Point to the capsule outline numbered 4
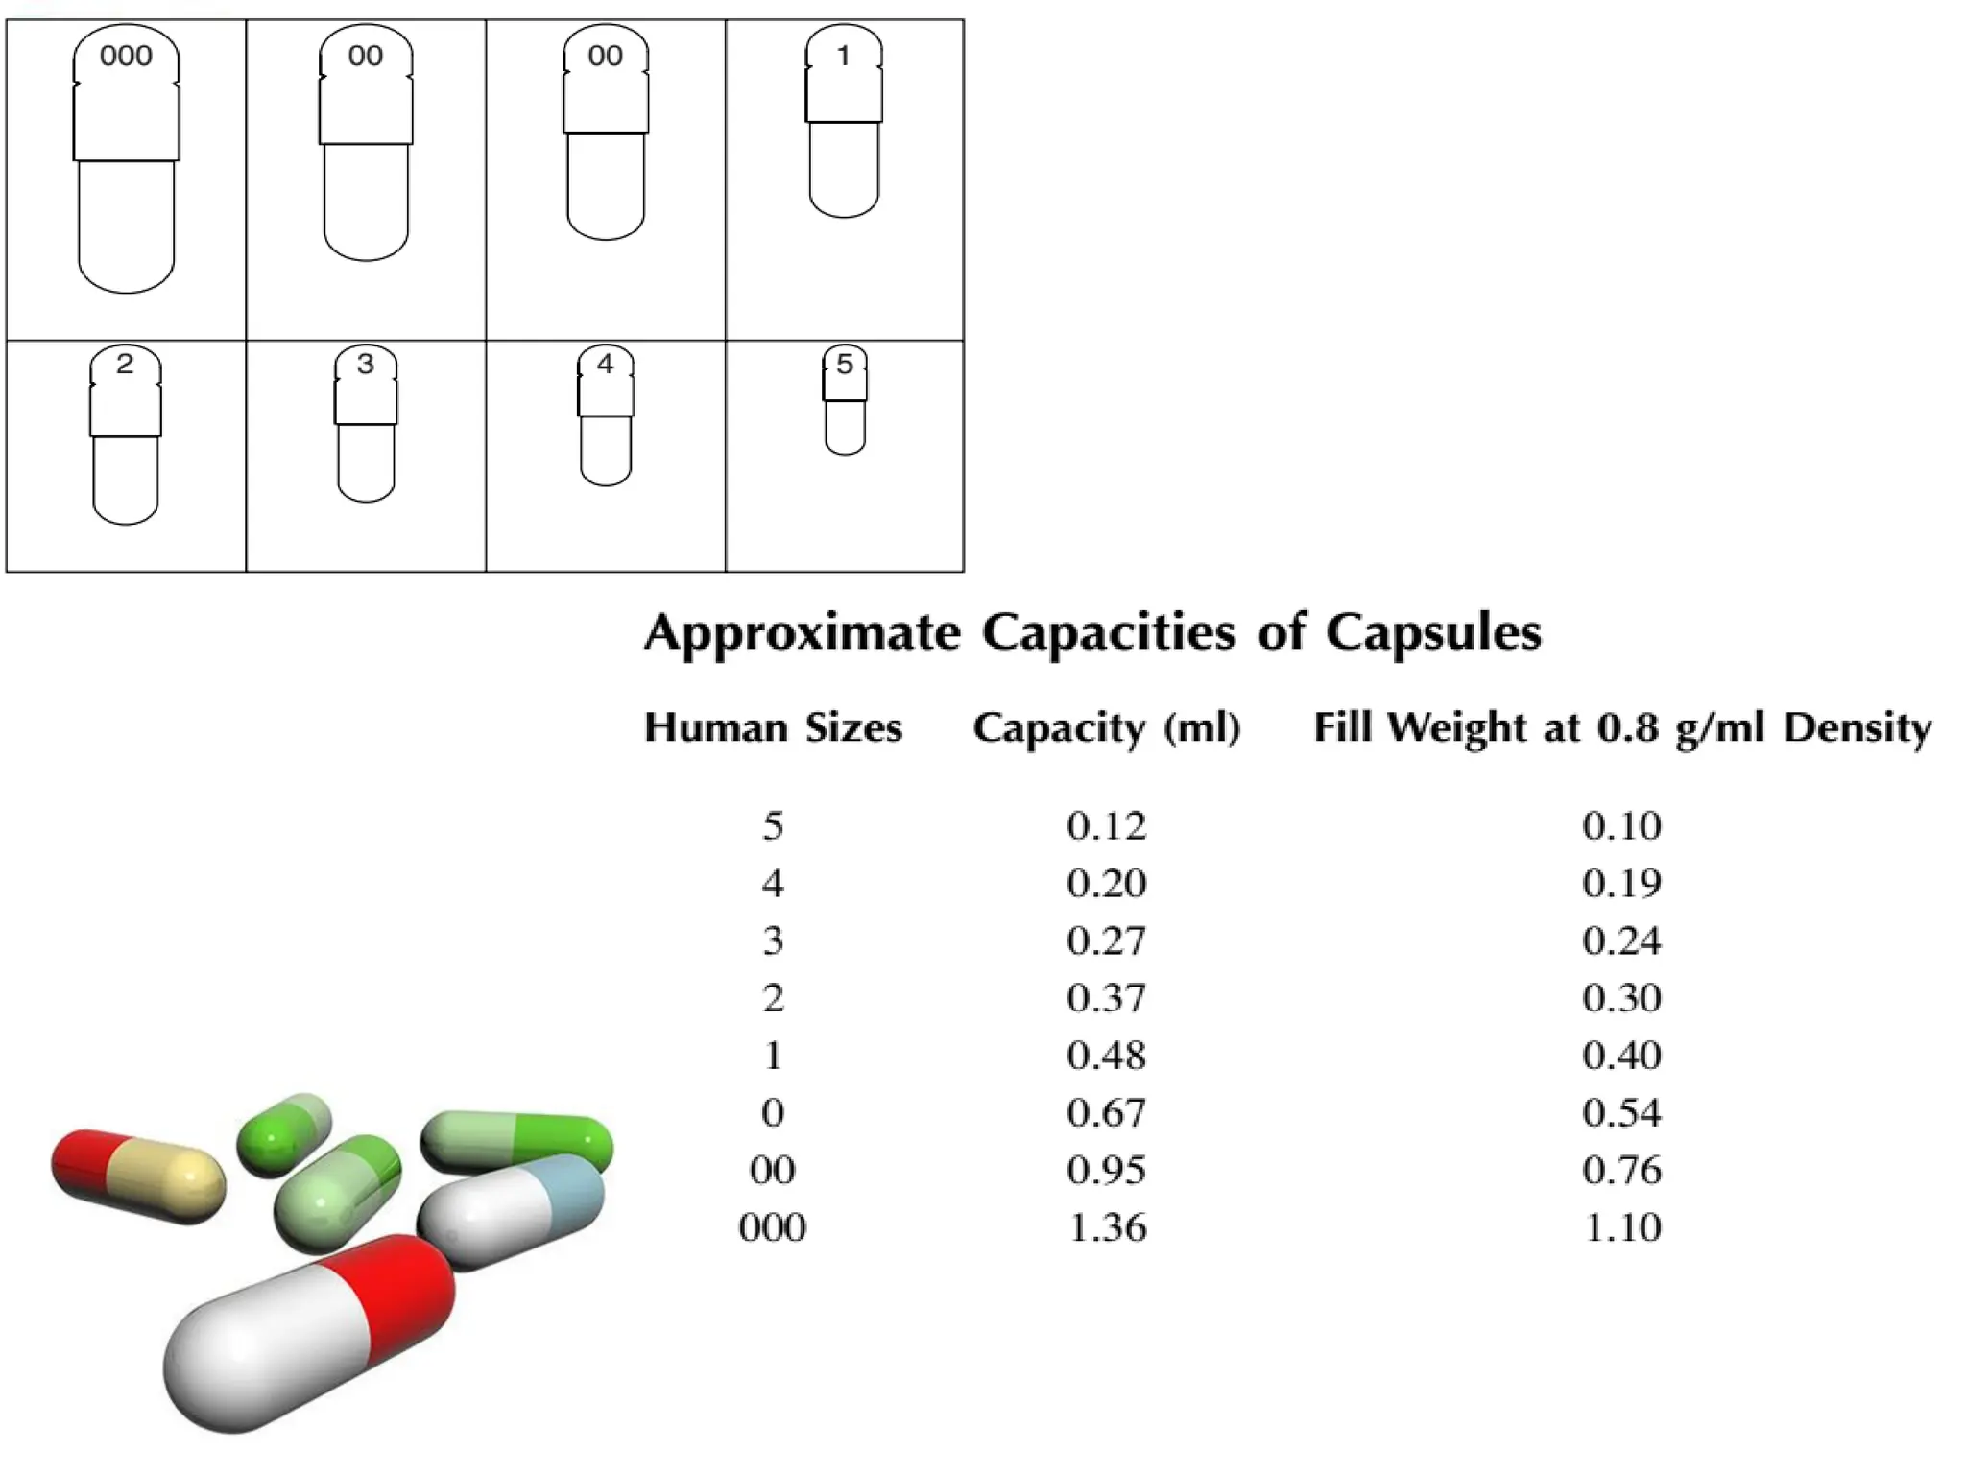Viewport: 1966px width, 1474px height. tap(606, 416)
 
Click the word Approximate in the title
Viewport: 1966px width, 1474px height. tap(802, 633)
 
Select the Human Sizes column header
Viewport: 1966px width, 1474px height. tap(773, 728)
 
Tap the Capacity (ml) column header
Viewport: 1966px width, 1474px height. tap(1106, 728)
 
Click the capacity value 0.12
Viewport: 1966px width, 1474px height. tap(1106, 826)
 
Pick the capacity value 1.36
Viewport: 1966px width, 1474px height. tap(1107, 1227)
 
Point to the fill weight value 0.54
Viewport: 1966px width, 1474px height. tap(1621, 1113)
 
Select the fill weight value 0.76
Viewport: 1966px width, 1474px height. tap(1621, 1171)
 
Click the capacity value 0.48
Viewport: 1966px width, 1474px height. tap(1106, 1056)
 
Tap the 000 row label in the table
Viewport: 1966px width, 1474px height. tap(772, 1227)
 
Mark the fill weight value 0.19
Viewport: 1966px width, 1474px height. tap(1621, 884)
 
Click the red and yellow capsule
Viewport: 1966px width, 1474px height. tap(138, 1177)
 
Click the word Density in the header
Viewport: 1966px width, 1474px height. tap(1857, 728)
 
